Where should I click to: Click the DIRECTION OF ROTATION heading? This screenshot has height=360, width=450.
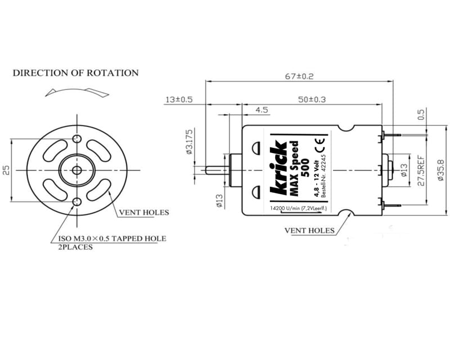[x=75, y=73]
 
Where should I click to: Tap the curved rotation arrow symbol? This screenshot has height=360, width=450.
[x=75, y=91]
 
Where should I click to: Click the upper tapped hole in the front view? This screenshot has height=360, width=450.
[x=77, y=139]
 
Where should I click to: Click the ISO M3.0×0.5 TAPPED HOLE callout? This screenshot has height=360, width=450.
[x=112, y=238]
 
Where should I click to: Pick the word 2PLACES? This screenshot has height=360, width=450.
[x=75, y=247]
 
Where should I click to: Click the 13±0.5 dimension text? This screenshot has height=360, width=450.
[x=179, y=100]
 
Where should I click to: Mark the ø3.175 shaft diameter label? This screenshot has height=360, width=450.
[x=190, y=142]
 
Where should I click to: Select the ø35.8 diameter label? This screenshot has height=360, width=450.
[x=440, y=171]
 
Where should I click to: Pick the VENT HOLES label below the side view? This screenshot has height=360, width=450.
[x=309, y=230]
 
